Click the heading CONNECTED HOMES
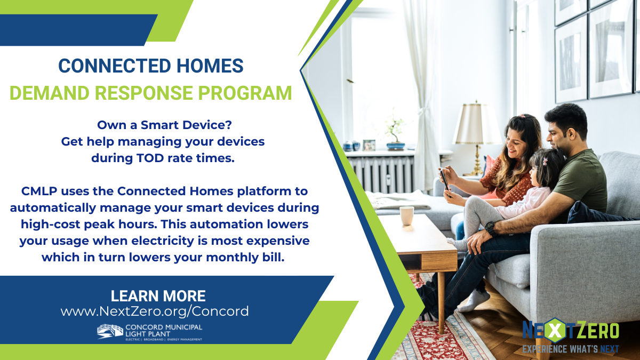click(151, 66)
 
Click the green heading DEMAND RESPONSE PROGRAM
click(151, 93)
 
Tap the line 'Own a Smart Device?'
click(165, 125)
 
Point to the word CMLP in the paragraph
click(40, 191)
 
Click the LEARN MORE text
click(158, 296)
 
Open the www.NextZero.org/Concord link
click(155, 311)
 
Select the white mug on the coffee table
click(407, 215)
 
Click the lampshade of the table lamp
click(477, 124)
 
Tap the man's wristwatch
click(489, 228)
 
